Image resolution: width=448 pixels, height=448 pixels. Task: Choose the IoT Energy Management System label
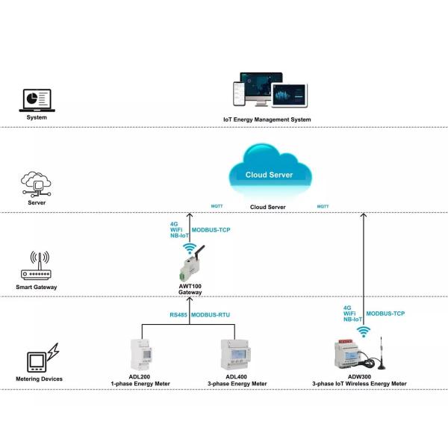(x=267, y=119)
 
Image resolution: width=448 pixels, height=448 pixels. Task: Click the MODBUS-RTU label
(x=211, y=316)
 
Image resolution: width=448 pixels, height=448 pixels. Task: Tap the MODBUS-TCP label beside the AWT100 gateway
(x=211, y=230)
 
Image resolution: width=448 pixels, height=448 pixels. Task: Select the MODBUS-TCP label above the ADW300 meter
(x=385, y=314)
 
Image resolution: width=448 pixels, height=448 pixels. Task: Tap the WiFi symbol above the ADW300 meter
(x=363, y=330)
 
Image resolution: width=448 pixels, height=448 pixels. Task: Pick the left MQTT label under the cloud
(x=217, y=206)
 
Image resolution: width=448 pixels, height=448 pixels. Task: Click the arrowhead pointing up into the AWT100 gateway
(x=190, y=300)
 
